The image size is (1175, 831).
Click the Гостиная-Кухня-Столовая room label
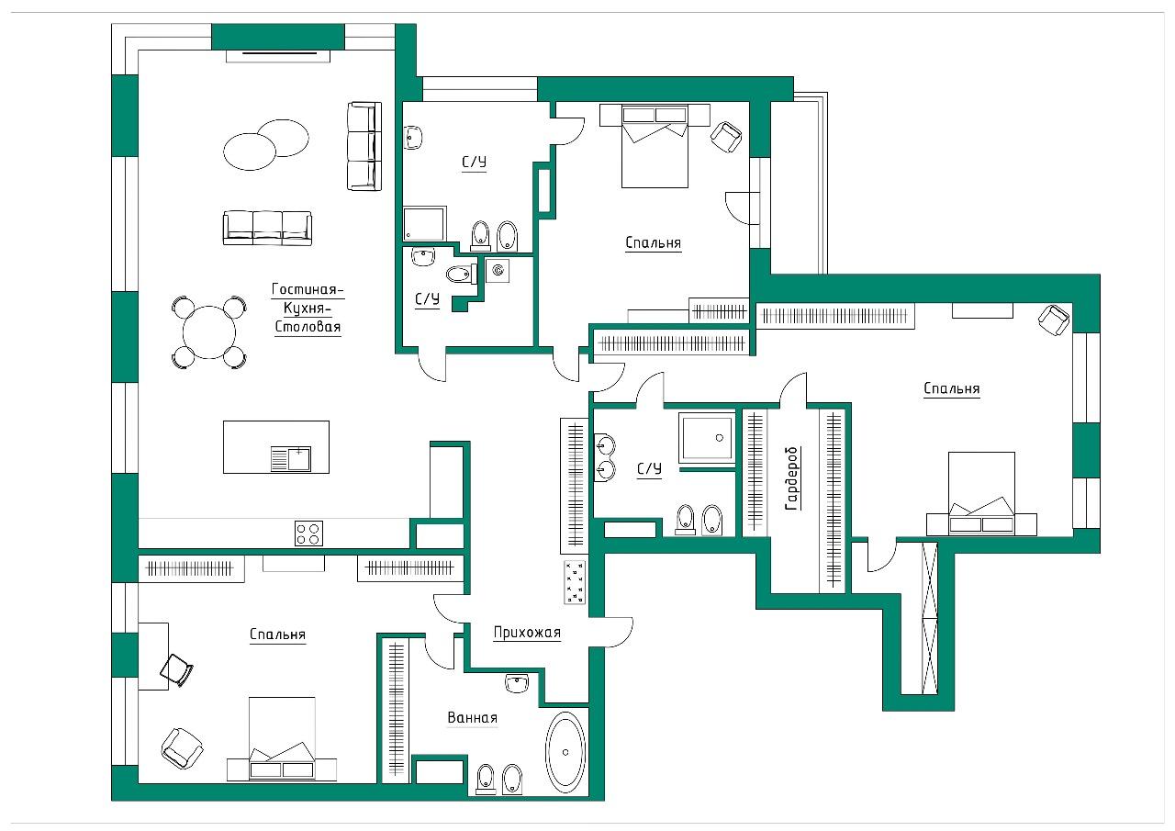click(308, 308)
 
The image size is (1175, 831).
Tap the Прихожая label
click(527, 633)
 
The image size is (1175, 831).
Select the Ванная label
click(472, 718)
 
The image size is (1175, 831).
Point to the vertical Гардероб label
click(791, 477)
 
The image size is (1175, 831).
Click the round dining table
click(209, 332)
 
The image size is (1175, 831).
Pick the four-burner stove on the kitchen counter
click(308, 533)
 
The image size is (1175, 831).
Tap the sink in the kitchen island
click(291, 459)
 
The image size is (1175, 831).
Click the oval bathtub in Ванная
click(565, 752)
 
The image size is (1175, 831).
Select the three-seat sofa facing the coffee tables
click(267, 229)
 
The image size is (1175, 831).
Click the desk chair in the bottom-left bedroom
click(177, 670)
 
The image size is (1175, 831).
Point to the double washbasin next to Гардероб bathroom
click(605, 457)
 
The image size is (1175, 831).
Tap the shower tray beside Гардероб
click(707, 438)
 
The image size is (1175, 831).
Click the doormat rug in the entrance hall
click(575, 582)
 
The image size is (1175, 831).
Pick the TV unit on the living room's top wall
click(278, 56)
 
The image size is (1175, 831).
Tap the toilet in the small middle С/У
click(462, 274)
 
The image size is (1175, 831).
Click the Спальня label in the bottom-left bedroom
click(277, 634)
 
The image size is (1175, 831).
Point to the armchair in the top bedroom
click(726, 137)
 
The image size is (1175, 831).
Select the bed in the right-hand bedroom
click(981, 494)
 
